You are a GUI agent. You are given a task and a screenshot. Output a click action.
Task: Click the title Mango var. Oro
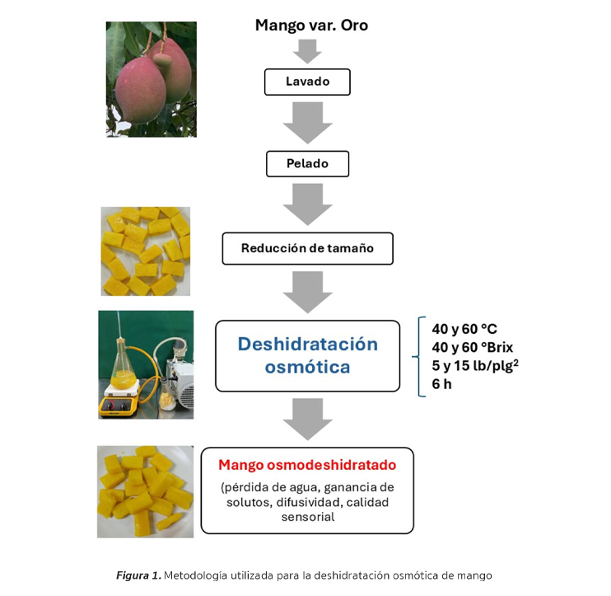311,26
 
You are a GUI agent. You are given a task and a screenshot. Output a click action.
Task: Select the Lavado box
307,82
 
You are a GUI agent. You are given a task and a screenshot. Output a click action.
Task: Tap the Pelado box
307,163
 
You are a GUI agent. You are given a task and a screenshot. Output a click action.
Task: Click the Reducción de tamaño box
307,248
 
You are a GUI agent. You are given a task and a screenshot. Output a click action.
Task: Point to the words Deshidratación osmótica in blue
307,354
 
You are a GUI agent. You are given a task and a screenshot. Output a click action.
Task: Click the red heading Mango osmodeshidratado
307,465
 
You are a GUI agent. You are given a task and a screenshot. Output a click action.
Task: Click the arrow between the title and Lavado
307,51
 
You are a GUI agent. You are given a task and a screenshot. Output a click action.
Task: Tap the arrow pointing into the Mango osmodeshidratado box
307,419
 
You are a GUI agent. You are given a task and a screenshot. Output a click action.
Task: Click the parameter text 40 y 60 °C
464,329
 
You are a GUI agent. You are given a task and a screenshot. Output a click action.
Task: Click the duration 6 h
442,383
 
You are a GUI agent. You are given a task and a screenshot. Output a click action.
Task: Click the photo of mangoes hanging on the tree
152,79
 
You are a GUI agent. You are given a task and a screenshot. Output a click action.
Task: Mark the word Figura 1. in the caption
138,575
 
